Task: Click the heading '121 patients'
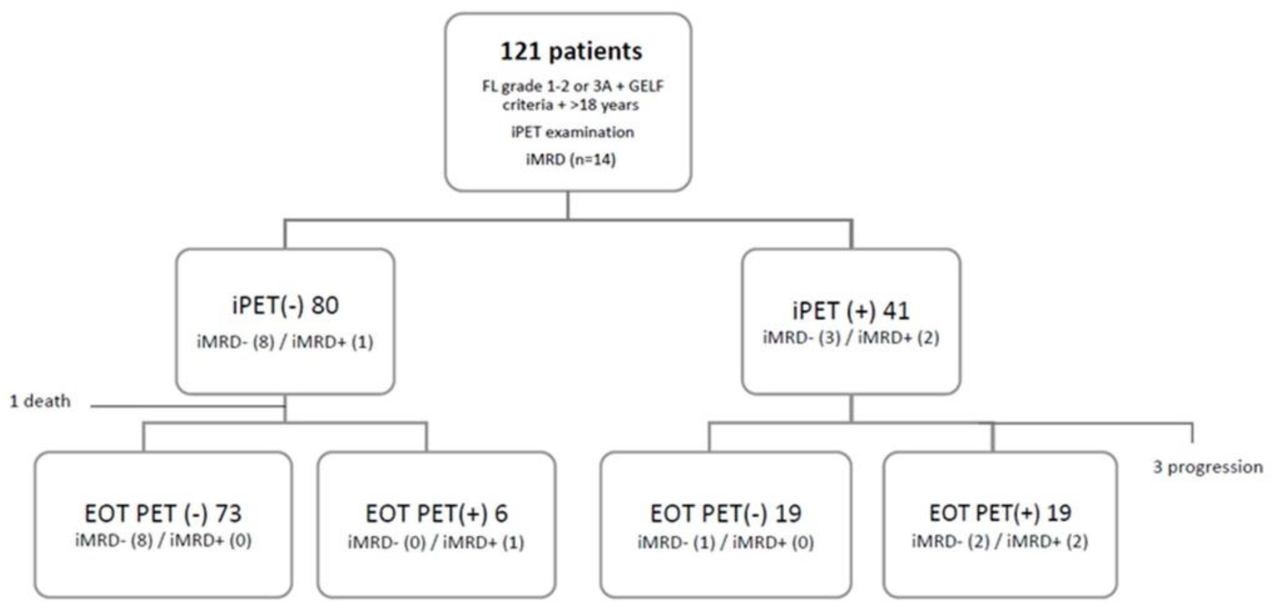[x=571, y=51]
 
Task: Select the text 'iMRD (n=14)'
[x=571, y=160]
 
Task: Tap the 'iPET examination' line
[x=572, y=132]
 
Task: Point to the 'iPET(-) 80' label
[x=286, y=305]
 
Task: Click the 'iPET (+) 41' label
[x=851, y=310]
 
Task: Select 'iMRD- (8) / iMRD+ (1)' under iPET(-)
[x=285, y=342]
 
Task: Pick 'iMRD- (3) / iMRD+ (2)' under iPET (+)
[x=851, y=337]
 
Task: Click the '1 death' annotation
[x=40, y=401]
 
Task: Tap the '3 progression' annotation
[x=1208, y=467]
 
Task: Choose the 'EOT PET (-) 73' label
[x=163, y=513]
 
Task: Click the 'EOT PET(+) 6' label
[x=436, y=513]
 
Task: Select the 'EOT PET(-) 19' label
[x=725, y=513]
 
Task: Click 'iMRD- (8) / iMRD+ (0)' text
[x=163, y=540]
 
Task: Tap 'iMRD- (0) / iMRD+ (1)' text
[x=436, y=543]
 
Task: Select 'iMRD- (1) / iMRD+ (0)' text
[x=725, y=543]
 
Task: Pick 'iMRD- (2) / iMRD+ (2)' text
[x=1000, y=542]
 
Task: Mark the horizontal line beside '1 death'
[x=188, y=406]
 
